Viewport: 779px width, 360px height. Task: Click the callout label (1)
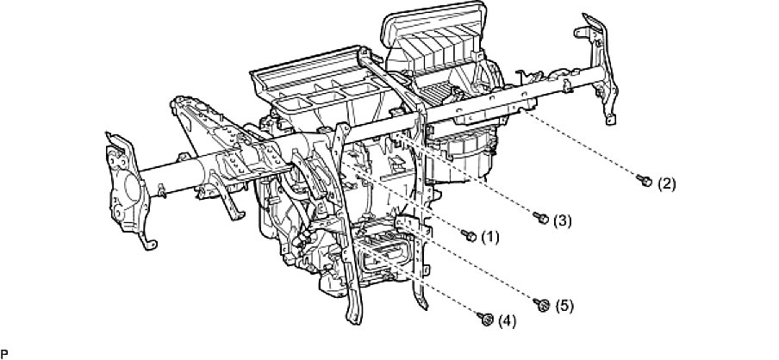tap(490, 235)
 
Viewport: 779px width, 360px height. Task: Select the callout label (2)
tap(667, 183)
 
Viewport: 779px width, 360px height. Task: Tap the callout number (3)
tap(562, 220)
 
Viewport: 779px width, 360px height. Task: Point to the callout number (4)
tap(507, 322)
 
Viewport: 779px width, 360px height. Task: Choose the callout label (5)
tap(564, 305)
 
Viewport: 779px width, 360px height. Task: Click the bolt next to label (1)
tap(470, 234)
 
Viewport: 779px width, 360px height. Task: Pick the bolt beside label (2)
tap(644, 181)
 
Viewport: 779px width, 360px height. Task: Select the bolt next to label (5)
tap(542, 303)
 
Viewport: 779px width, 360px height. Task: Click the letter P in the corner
tap(4, 353)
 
